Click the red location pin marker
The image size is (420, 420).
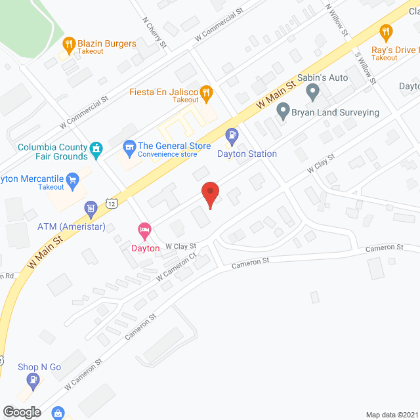click(x=210, y=193)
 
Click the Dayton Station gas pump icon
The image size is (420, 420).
click(x=232, y=136)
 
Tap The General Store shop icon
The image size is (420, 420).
click(x=129, y=146)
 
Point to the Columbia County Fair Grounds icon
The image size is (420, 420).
click(x=96, y=148)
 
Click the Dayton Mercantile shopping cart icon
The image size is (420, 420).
click(x=73, y=178)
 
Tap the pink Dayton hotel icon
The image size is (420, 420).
click(x=144, y=230)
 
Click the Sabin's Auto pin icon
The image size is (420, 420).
click(x=313, y=93)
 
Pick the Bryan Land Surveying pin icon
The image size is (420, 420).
click(x=283, y=112)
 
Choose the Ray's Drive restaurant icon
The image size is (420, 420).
click(x=386, y=31)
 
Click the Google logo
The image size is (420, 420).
click(x=21, y=411)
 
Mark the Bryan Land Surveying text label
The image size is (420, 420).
click(x=335, y=112)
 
